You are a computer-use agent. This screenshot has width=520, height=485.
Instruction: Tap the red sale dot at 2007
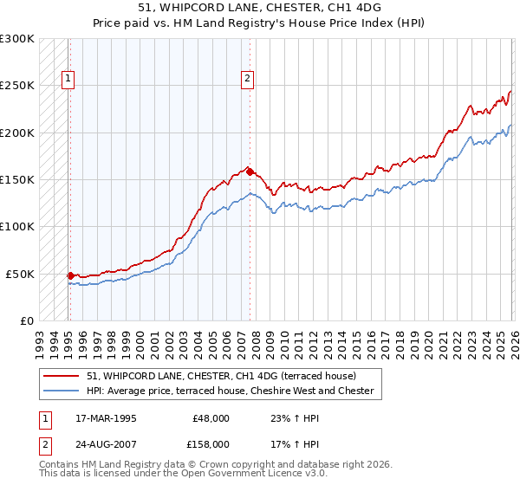coord(250,171)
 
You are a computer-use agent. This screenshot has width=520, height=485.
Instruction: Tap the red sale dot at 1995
coord(70,275)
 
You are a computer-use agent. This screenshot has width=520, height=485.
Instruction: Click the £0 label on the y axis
coord(25,321)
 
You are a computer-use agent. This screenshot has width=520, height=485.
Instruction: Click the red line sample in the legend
coord(61,376)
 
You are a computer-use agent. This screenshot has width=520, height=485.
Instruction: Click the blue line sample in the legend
coord(61,391)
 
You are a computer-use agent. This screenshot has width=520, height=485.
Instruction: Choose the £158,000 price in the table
coord(210,443)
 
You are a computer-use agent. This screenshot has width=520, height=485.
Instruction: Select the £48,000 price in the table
coord(211,417)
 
